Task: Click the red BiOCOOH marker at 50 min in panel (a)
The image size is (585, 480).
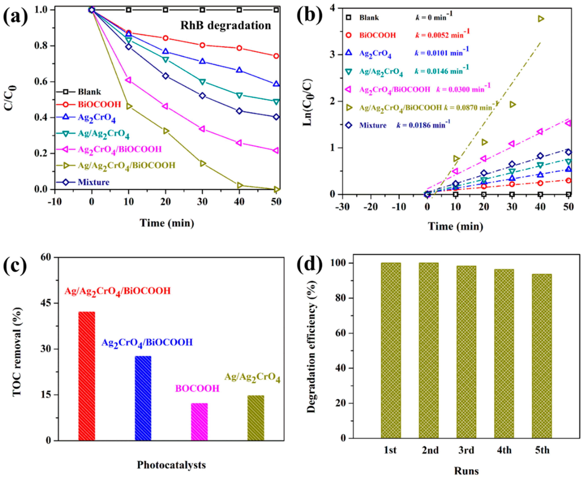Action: tap(276, 56)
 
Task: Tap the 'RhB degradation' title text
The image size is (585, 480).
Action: tap(226, 26)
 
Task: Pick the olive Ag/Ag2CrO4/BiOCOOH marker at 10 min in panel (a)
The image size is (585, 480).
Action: tap(129, 106)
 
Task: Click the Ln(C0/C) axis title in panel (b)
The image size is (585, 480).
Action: tap(307, 102)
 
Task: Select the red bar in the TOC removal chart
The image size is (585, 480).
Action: tap(87, 376)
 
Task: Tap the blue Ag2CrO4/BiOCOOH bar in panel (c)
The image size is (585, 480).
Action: tap(143, 398)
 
